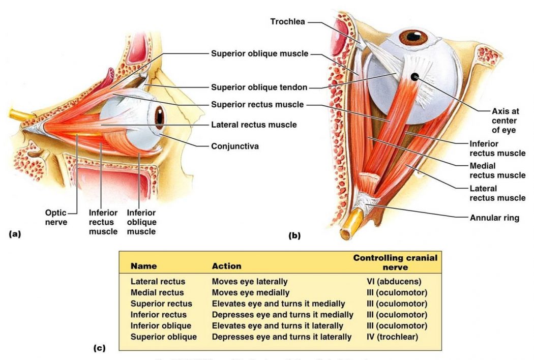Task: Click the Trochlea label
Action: point(287,21)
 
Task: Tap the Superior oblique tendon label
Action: point(259,87)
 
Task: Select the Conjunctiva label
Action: point(235,146)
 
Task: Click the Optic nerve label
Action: point(56,217)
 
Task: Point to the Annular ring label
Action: point(494,218)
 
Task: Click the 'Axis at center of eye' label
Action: point(504,121)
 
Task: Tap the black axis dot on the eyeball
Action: point(415,77)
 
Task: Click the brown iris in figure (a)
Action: point(160,116)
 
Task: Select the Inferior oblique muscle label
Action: point(141,222)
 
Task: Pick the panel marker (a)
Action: point(15,234)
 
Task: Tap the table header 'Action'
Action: point(226,266)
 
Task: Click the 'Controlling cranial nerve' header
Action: point(395,262)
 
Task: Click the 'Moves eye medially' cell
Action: point(251,292)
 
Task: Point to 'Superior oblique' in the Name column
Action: point(164,337)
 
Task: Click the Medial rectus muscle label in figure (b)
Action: point(497,170)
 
